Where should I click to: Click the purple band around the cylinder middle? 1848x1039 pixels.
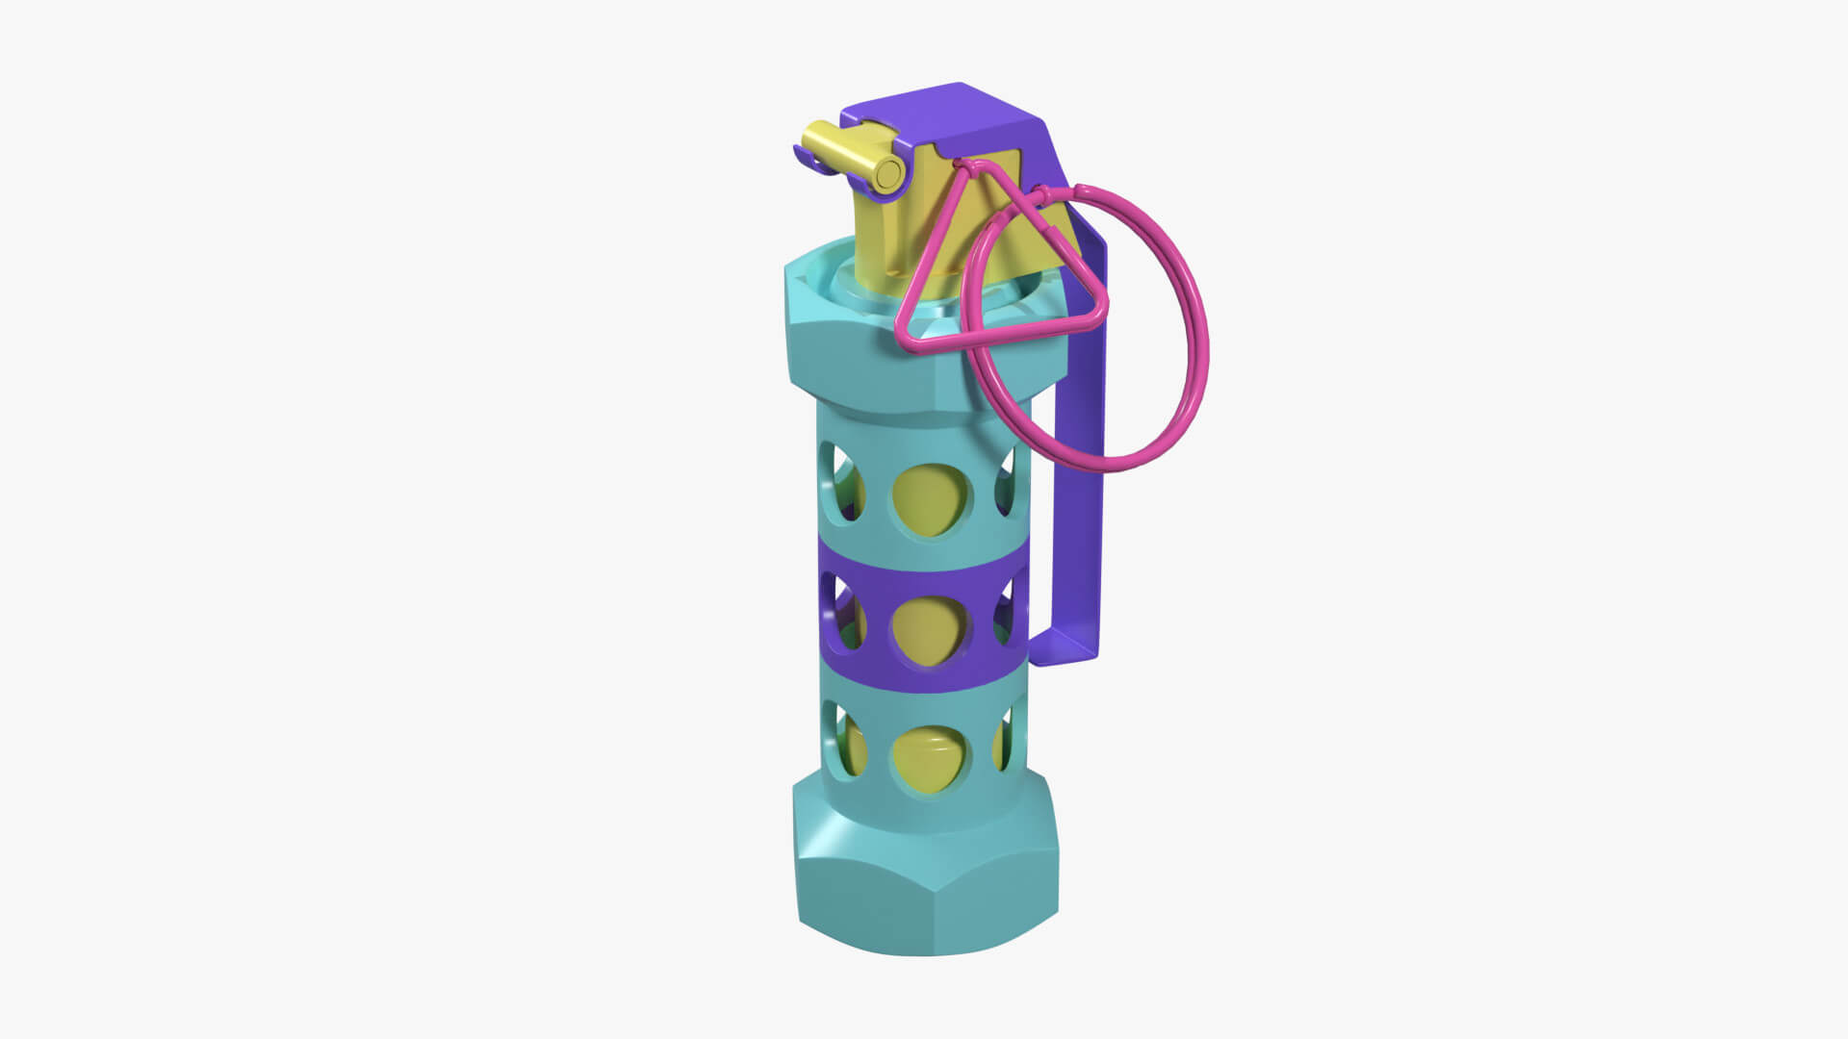click(924, 673)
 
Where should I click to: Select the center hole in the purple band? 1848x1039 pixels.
click(929, 630)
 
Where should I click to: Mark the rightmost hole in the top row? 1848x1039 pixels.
click(1007, 481)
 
